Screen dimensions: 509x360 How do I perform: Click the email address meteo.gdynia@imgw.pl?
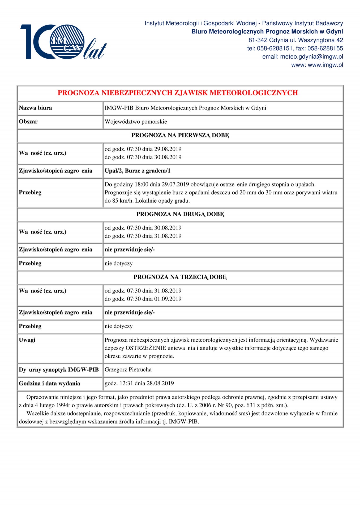click(311, 56)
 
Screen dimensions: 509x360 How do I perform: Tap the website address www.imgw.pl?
click(325, 65)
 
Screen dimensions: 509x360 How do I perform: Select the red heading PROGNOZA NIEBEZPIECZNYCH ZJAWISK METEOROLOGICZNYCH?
click(178, 93)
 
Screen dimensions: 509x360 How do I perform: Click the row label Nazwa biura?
click(35, 108)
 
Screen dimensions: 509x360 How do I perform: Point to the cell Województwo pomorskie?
click(136, 122)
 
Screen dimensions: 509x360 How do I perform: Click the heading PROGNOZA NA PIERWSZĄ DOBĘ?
click(180, 135)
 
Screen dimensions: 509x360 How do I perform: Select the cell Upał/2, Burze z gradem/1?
click(137, 171)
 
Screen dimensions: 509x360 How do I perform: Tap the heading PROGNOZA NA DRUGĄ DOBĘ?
click(180, 214)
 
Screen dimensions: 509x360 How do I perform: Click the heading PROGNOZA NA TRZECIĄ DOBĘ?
click(180, 277)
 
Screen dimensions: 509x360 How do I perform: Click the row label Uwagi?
click(27, 340)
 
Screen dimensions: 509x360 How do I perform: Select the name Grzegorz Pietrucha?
click(128, 370)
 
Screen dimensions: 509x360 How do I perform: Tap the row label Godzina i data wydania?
click(49, 384)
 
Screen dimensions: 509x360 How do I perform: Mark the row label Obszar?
click(28, 122)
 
